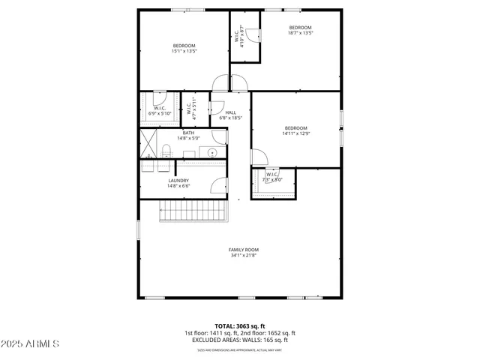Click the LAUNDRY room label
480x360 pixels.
point(178,180)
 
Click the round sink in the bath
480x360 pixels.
point(213,152)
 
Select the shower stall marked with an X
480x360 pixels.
point(146,140)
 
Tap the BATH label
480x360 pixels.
point(188,133)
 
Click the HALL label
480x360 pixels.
point(231,112)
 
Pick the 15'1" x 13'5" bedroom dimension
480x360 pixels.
point(184,52)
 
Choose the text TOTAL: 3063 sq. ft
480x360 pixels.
point(240,326)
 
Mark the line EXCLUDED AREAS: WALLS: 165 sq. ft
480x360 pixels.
point(240,340)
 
